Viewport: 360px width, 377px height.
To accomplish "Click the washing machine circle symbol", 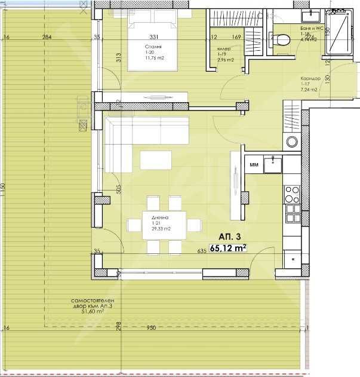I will pyautogui.click(x=292, y=142).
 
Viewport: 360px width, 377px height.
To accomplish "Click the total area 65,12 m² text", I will pyautogui.click(x=227, y=249).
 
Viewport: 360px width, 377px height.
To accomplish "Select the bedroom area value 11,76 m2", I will pyautogui.click(x=153, y=59).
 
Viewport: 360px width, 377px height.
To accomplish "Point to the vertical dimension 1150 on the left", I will pyautogui.click(x=3, y=188).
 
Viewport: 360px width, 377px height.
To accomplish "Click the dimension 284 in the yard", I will pyautogui.click(x=47, y=38).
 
